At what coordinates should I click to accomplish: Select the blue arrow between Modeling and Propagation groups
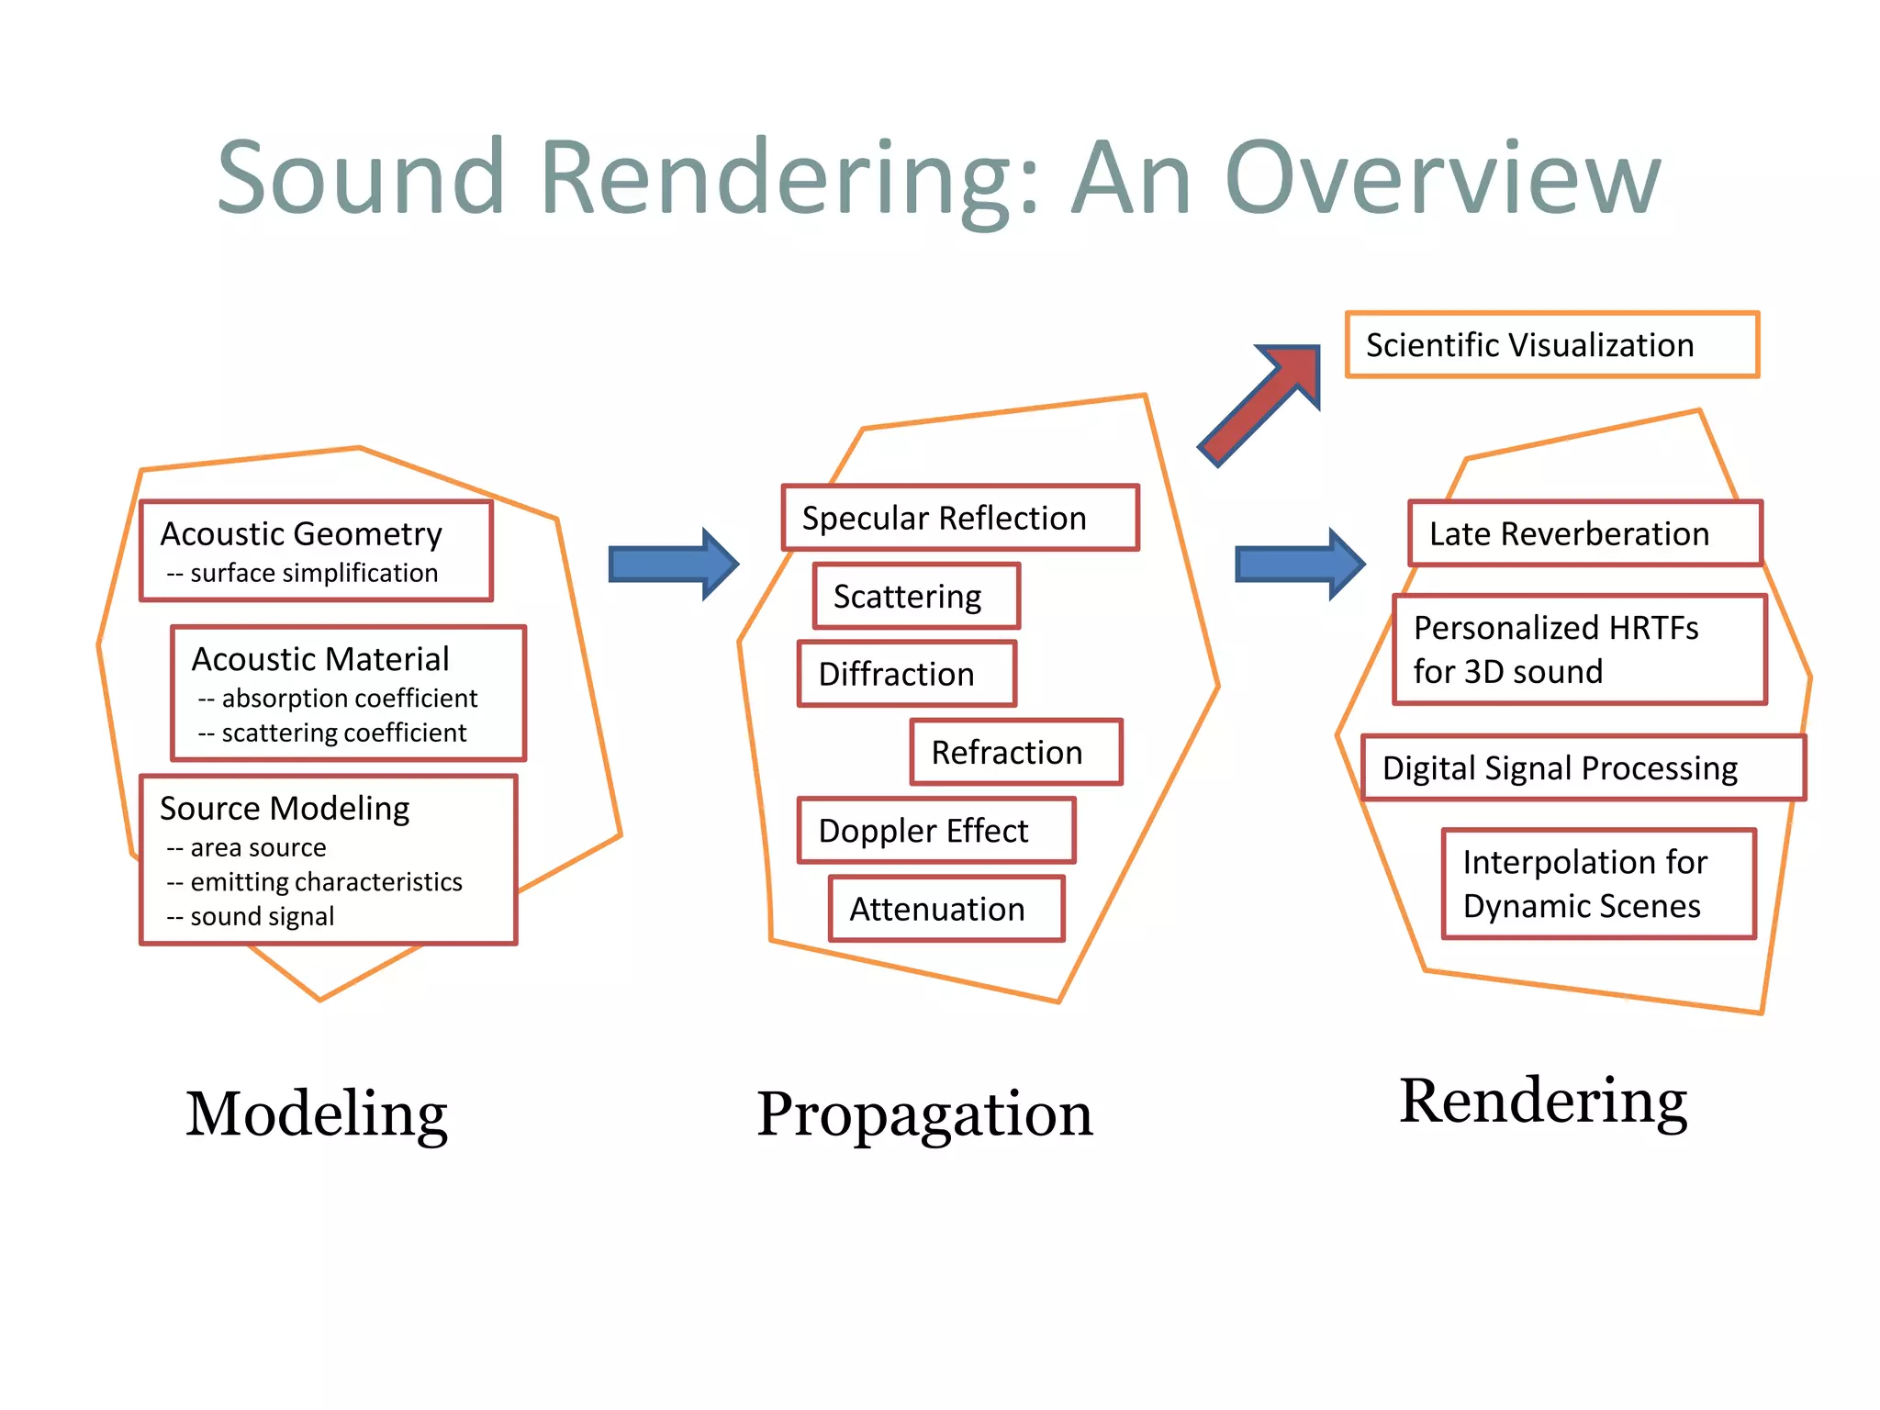click(673, 564)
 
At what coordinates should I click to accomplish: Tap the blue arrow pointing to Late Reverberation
click(1300, 564)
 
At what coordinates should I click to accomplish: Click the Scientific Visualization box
click(1551, 345)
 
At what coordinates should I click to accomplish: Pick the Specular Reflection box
click(959, 518)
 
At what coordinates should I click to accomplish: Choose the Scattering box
click(915, 597)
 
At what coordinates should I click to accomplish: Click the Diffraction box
click(906, 674)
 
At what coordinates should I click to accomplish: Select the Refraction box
click(1015, 752)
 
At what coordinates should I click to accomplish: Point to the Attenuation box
click(946, 909)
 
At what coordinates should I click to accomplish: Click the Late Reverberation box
click(1584, 533)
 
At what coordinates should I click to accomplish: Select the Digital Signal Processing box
click(1583, 767)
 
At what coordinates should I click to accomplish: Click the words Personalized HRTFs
click(1555, 628)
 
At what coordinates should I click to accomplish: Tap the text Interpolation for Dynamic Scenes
click(1584, 884)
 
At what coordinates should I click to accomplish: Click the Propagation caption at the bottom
click(923, 1114)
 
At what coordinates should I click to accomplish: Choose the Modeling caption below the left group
click(317, 1114)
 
